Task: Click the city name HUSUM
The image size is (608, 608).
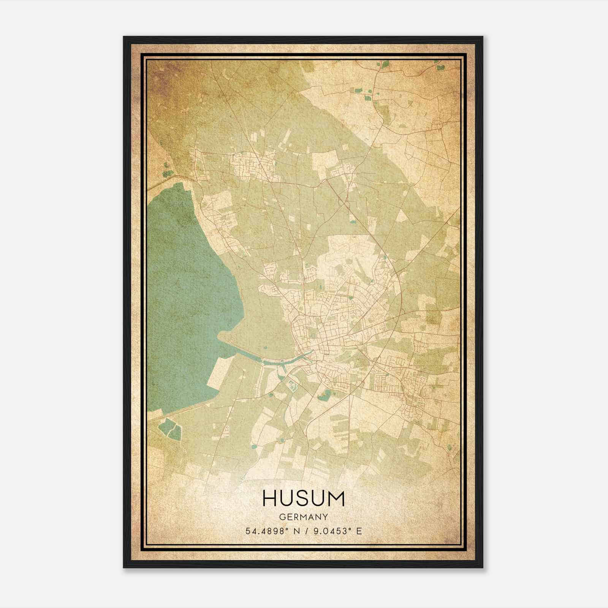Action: click(303, 499)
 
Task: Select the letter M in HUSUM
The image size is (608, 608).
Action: click(336, 499)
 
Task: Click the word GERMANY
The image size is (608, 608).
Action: click(303, 517)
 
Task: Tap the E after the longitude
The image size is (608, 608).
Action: click(359, 531)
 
